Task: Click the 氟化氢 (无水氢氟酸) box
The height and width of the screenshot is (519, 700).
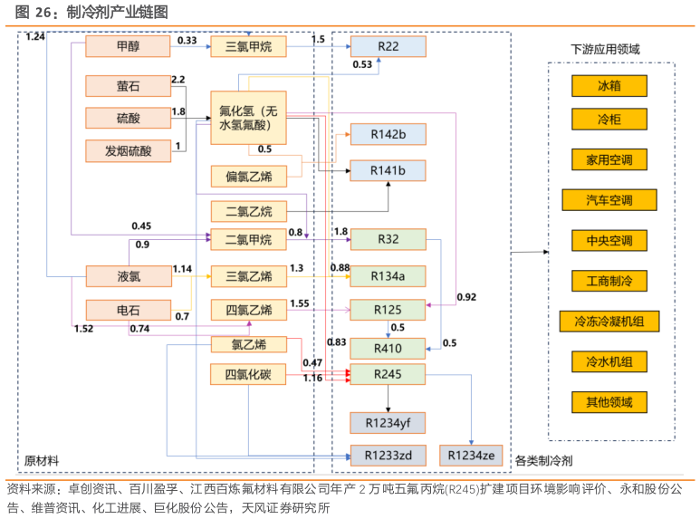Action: pos(248,118)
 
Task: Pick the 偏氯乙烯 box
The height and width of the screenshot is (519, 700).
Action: pos(248,176)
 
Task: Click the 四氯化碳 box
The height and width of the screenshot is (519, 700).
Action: pos(248,373)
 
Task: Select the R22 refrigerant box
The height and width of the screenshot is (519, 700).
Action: pos(388,47)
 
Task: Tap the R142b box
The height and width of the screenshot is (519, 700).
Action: pos(388,134)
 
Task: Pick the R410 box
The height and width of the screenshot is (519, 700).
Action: pos(388,348)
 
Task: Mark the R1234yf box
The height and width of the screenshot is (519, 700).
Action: pos(388,422)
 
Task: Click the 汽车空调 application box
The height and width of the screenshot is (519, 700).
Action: pos(609,200)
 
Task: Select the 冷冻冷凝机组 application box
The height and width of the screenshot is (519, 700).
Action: pos(609,322)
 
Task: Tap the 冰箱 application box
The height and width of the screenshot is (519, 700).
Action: pos(609,86)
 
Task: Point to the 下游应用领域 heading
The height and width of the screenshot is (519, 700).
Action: pos(605,49)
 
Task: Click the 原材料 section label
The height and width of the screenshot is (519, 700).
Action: pos(43,461)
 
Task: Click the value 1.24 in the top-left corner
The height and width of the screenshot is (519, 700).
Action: pos(35,36)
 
